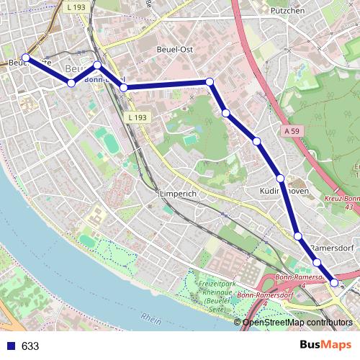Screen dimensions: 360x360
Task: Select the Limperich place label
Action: pos(177,194)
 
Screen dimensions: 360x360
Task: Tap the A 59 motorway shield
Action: pos(291,131)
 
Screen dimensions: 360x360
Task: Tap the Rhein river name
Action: pos(152,318)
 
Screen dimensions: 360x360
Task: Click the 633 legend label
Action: pos(30,346)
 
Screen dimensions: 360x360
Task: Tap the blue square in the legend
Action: pos(9,346)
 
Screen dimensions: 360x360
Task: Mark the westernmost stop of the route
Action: pos(26,58)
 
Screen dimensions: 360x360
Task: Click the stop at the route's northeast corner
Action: pos(210,82)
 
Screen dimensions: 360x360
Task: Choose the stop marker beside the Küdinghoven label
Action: pos(280,178)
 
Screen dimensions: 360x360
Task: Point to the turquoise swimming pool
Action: pos(189,139)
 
